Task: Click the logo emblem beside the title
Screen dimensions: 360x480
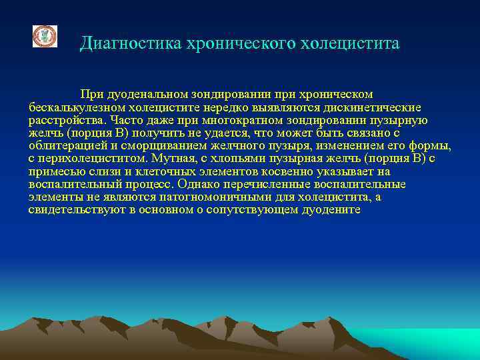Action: [x=45, y=37]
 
